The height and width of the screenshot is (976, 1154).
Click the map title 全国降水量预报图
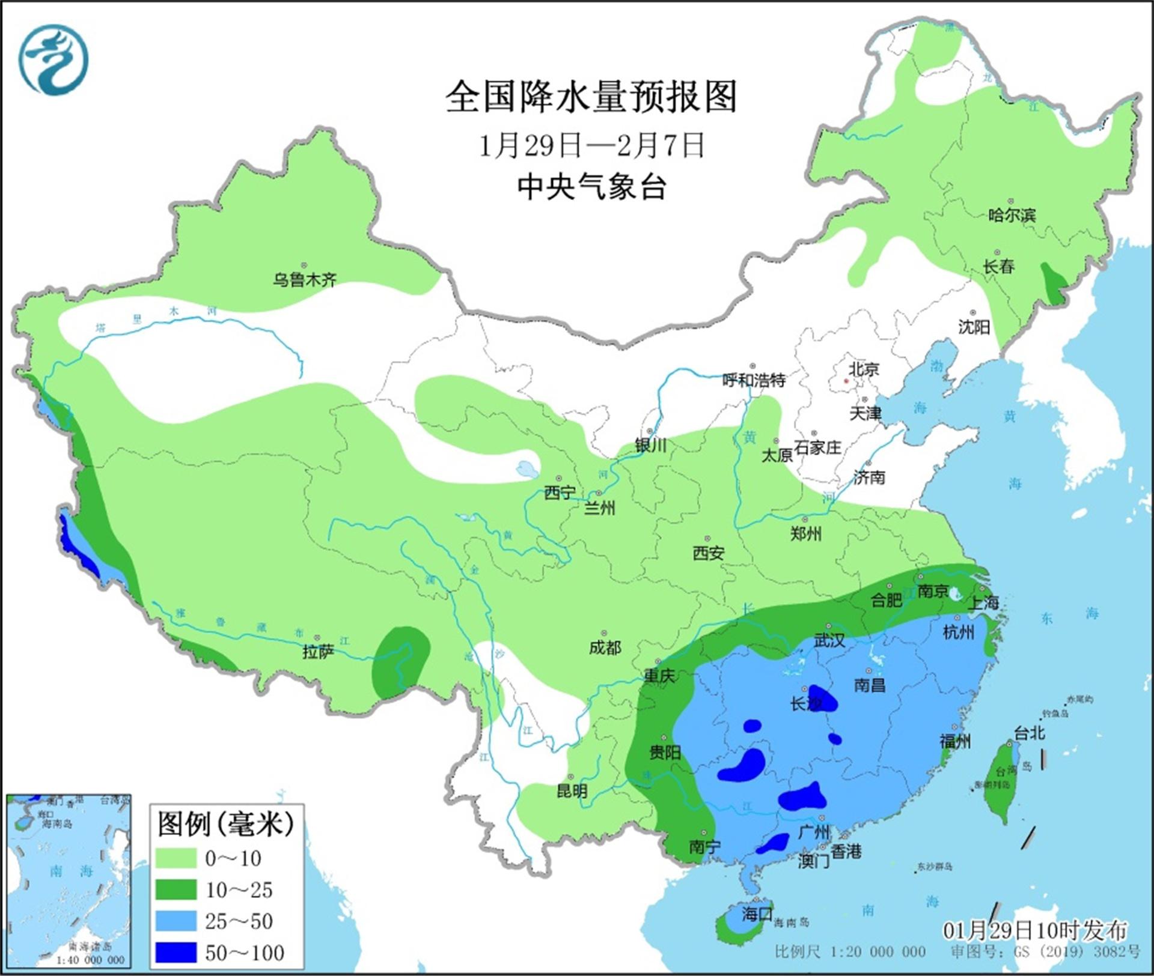pyautogui.click(x=591, y=98)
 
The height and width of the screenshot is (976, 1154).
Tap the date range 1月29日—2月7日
pyautogui.click(x=591, y=146)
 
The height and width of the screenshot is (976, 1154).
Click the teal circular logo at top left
pyautogui.click(x=53, y=60)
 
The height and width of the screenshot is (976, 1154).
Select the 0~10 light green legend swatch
pyautogui.click(x=176, y=858)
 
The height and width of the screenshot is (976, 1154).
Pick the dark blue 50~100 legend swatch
pyautogui.click(x=176, y=953)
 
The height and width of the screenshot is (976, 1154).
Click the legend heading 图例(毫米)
pyautogui.click(x=225, y=823)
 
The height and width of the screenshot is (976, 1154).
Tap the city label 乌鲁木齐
pyautogui.click(x=305, y=279)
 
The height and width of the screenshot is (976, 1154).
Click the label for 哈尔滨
pyautogui.click(x=1012, y=215)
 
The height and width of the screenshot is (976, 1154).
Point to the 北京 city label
pyautogui.click(x=864, y=369)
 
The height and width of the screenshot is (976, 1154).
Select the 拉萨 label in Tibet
pyautogui.click(x=318, y=652)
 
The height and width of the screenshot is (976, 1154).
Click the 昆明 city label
pyautogui.click(x=572, y=791)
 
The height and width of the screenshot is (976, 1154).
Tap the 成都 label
pyautogui.click(x=605, y=647)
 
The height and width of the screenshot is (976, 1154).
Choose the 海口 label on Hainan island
pyautogui.click(x=756, y=914)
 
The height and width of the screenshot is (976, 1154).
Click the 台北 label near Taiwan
pyautogui.click(x=1030, y=733)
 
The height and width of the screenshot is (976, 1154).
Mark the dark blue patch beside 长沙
pyautogui.click(x=824, y=699)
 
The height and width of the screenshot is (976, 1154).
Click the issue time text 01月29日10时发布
pyautogui.click(x=1034, y=930)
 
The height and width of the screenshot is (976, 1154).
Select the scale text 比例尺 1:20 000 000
pyautogui.click(x=850, y=951)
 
